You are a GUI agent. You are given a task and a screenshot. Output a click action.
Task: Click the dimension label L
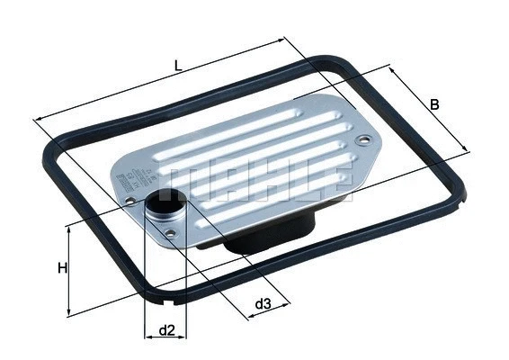click(180, 67)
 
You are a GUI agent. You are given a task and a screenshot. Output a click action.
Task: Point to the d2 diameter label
click(165, 330)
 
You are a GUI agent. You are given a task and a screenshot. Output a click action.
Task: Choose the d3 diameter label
click(262, 304)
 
